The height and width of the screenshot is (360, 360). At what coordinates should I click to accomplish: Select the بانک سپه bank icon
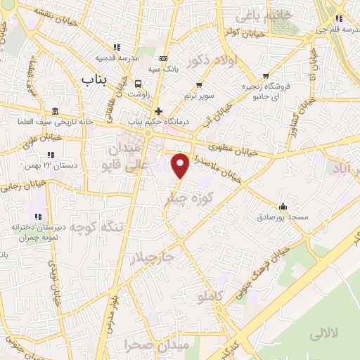(x=164, y=58)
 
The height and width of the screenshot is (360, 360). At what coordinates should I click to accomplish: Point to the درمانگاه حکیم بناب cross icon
(x=160, y=111)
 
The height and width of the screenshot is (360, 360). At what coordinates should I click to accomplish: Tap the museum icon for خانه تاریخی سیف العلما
(x=56, y=112)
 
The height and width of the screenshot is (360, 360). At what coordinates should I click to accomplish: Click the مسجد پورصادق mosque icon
(x=283, y=206)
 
